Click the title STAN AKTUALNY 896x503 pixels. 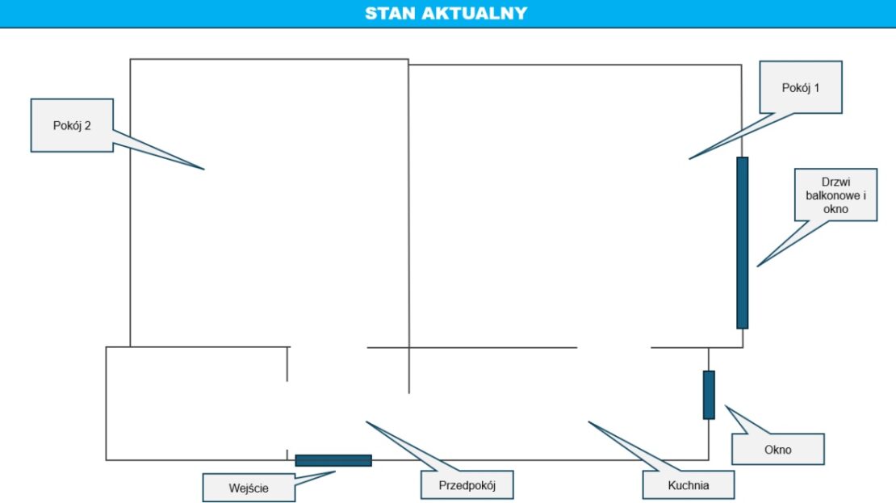pyautogui.click(x=446, y=13)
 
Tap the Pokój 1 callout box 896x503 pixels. pyautogui.click(x=801, y=87)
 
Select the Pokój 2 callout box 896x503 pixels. pyautogui.click(x=72, y=125)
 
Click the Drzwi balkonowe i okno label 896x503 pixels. pyautogui.click(x=835, y=195)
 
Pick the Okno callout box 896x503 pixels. pyautogui.click(x=777, y=449)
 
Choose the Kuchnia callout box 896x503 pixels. pyautogui.click(x=689, y=485)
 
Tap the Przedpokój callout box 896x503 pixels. pyautogui.click(x=467, y=485)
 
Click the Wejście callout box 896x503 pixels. pyautogui.click(x=249, y=488)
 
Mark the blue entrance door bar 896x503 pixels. pyautogui.click(x=333, y=461)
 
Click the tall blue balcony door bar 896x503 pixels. pyautogui.click(x=743, y=243)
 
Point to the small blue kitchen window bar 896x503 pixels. pyautogui.click(x=709, y=395)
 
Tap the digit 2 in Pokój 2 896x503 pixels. pyautogui.click(x=87, y=126)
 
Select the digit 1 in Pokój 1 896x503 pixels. pyautogui.click(x=817, y=88)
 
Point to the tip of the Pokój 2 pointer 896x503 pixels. pyautogui.click(x=204, y=170)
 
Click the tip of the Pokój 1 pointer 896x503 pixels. pyautogui.click(x=689, y=159)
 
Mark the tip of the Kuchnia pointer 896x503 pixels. pyautogui.click(x=588, y=421)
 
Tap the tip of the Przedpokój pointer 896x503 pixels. pyautogui.click(x=366, y=421)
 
